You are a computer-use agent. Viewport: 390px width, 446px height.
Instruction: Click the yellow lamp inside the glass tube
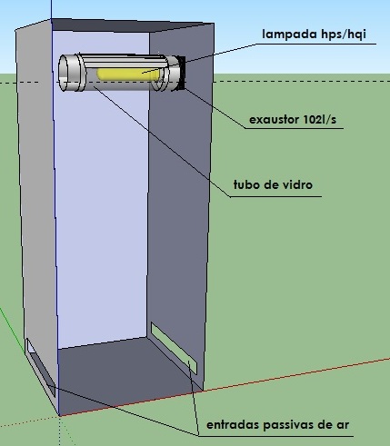coord(128,74)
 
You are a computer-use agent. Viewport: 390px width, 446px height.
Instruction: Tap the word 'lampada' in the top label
coord(285,34)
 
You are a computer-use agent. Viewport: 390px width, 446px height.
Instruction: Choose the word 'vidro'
coord(297,184)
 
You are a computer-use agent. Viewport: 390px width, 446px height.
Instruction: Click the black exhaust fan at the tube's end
coord(181,73)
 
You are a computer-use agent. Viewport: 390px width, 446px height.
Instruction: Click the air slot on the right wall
coord(174,348)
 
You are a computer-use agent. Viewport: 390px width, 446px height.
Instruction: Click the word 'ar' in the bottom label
coord(343,425)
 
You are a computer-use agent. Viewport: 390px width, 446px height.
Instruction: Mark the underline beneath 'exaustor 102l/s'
coord(294,128)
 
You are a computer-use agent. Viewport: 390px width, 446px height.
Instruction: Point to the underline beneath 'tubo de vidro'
coord(275,196)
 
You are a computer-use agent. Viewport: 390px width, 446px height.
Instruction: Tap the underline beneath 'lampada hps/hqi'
coord(315,45)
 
